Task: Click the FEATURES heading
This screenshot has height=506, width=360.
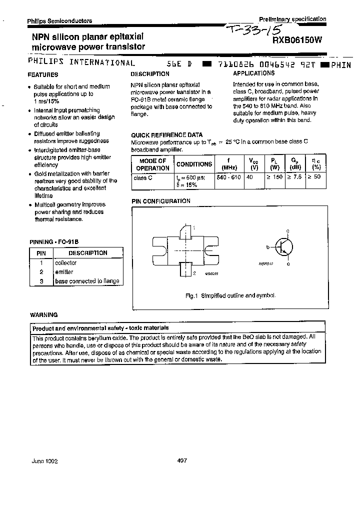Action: click(42, 74)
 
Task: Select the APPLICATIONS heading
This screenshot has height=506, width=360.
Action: click(253, 73)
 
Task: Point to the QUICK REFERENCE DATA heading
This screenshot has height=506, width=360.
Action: click(166, 135)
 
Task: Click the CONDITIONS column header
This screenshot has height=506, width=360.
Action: click(194, 164)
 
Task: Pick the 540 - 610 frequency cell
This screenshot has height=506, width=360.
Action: click(229, 177)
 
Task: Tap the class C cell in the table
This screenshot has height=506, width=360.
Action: click(143, 177)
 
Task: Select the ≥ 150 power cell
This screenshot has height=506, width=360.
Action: click(274, 177)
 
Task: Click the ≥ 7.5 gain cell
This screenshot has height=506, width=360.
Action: click(294, 177)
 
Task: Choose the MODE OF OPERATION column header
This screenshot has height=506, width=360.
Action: click(152, 164)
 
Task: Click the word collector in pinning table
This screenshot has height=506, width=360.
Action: click(65, 262)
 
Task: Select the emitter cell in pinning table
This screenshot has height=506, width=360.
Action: click(64, 272)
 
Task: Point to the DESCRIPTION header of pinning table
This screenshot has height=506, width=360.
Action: click(87, 253)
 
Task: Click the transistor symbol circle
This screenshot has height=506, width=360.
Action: click(284, 247)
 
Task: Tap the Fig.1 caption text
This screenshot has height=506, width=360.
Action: click(230, 296)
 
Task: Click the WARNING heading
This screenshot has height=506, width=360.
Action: click(43, 315)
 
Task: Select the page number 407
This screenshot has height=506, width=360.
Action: click(182, 460)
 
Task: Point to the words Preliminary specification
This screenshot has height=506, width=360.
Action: click(292, 18)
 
